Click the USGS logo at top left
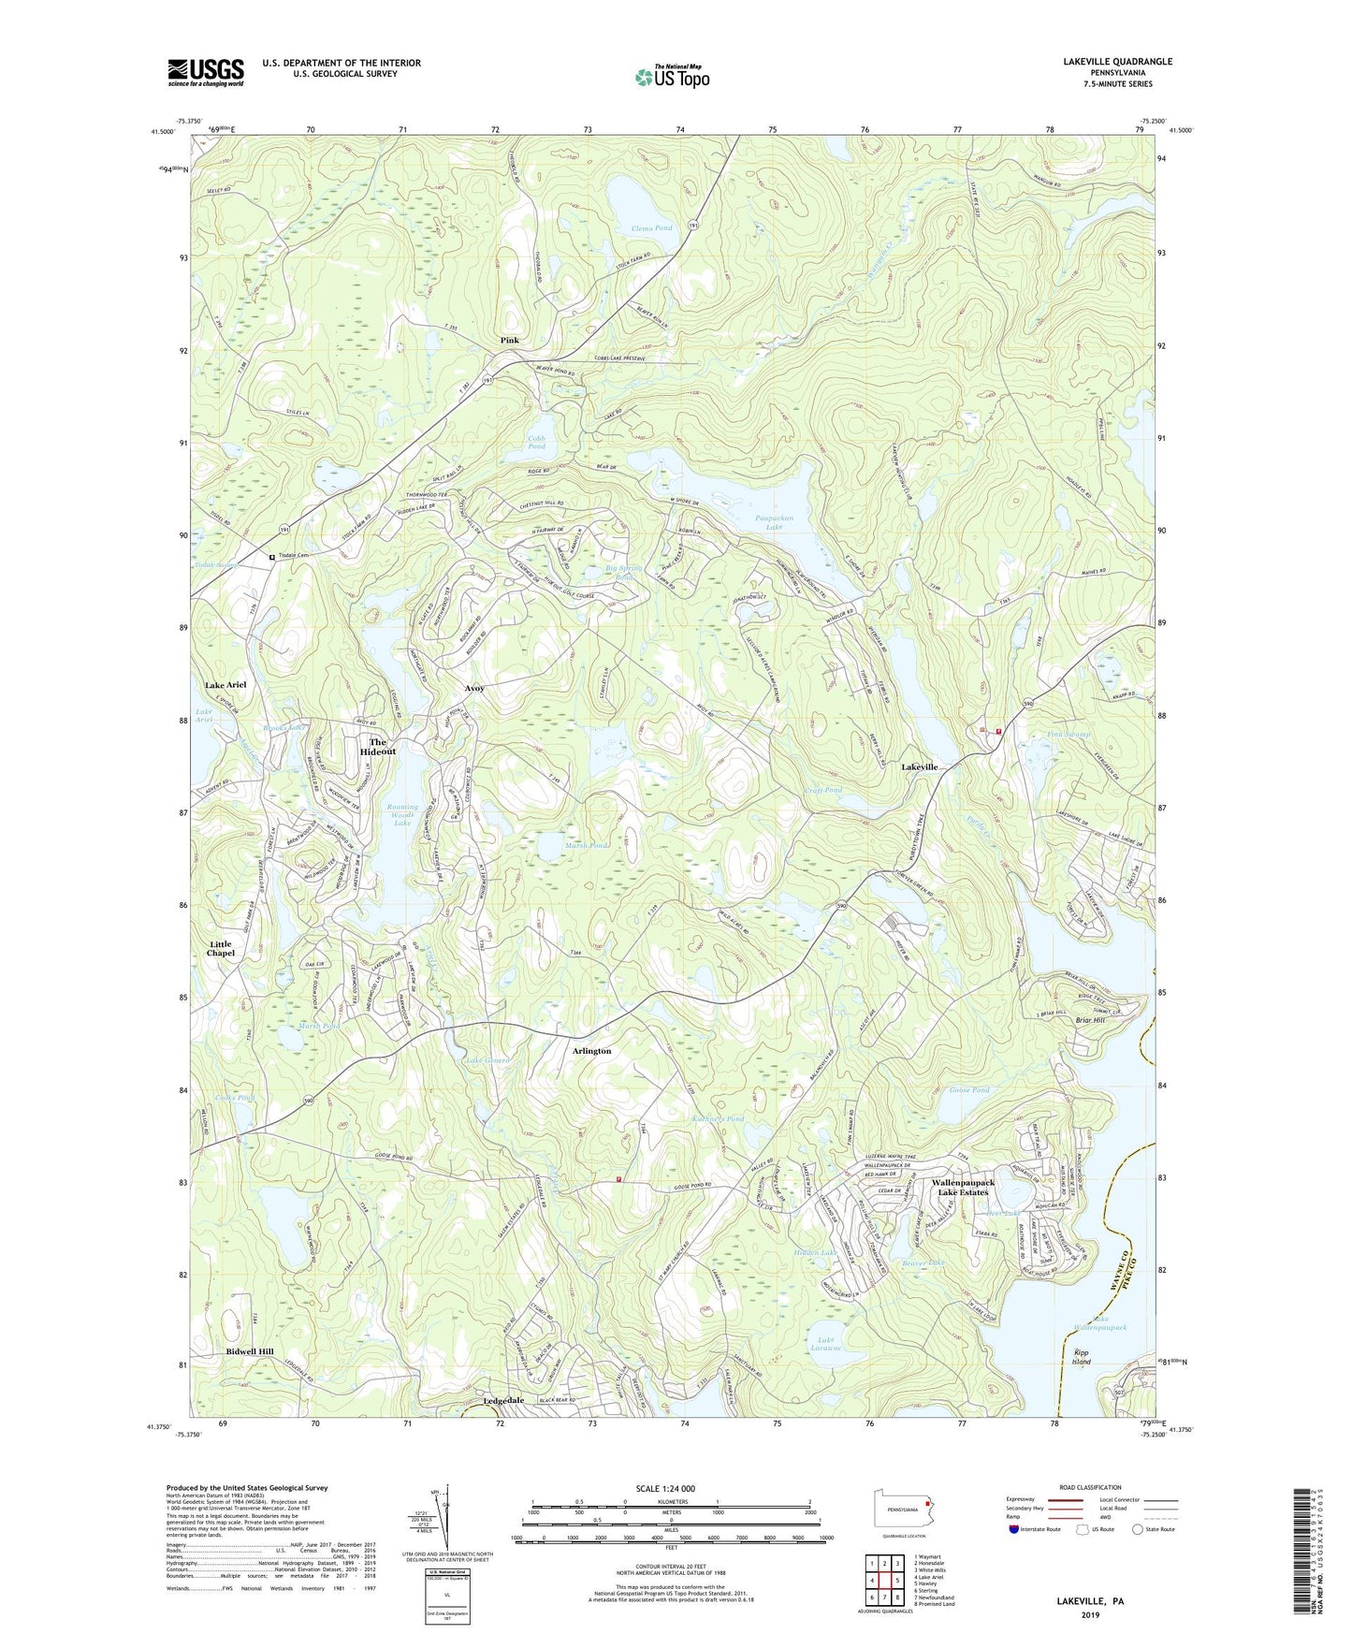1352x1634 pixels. pyautogui.click(x=205, y=72)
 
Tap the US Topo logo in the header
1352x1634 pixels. pyautogui.click(x=671, y=77)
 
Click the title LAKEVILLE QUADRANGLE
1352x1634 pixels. pyautogui.click(x=1117, y=62)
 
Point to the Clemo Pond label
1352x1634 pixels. pyautogui.click(x=651, y=228)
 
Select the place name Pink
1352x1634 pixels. pyautogui.click(x=509, y=340)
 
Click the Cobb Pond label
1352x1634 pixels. pyautogui.click(x=536, y=442)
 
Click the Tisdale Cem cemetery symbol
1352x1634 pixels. pyautogui.click(x=272, y=557)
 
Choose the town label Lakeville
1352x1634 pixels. pyautogui.click(x=919, y=766)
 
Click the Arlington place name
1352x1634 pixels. pyautogui.click(x=591, y=1051)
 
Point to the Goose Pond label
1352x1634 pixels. pyautogui.click(x=968, y=1090)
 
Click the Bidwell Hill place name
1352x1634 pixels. pyautogui.click(x=250, y=1352)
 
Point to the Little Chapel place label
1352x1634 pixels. pyautogui.click(x=221, y=949)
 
